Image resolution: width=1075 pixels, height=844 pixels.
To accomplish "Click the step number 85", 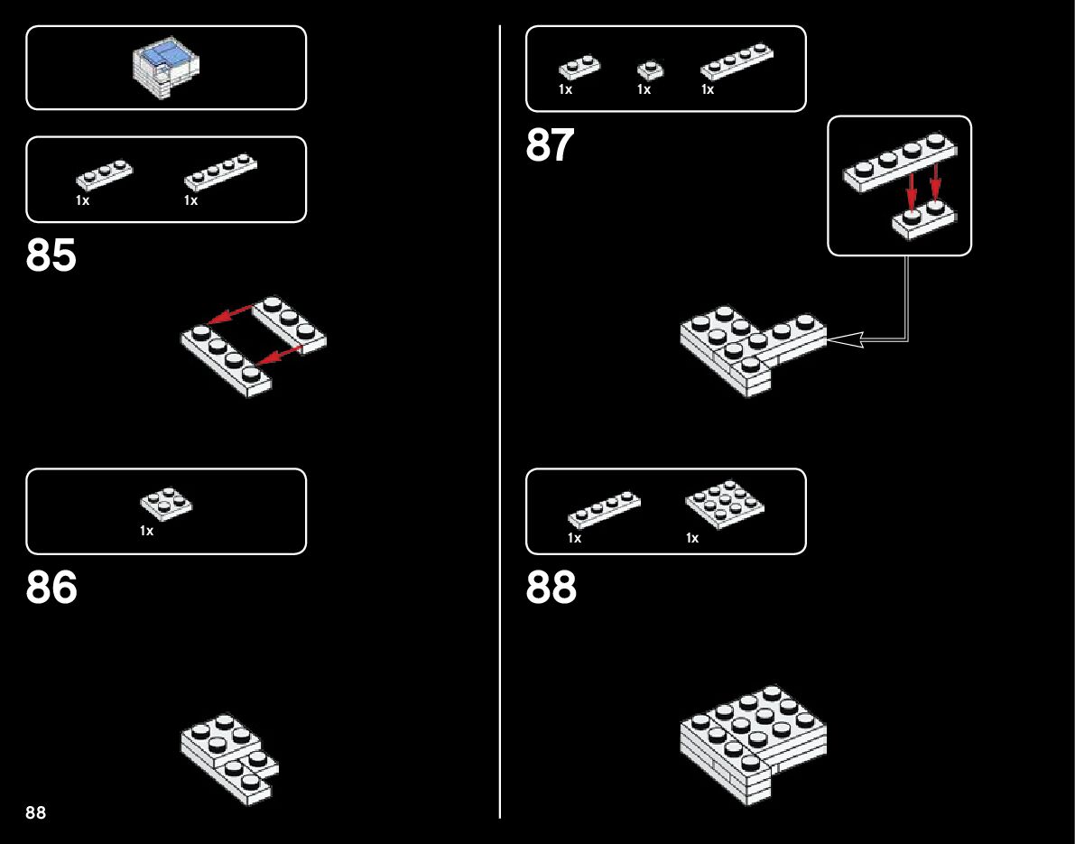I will [x=51, y=256].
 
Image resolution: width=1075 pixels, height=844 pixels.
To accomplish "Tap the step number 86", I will [x=51, y=588].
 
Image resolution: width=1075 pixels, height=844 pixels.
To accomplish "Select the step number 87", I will [x=550, y=145].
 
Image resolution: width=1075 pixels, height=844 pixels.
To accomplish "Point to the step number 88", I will [x=551, y=588].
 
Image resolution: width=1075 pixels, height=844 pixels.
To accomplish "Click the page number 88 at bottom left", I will [x=36, y=812].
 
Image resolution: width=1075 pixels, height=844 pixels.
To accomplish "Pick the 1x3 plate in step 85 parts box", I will [x=104, y=174].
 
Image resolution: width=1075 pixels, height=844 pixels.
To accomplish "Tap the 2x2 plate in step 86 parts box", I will [x=166, y=504].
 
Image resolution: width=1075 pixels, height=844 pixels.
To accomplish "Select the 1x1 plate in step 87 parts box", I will [x=649, y=70].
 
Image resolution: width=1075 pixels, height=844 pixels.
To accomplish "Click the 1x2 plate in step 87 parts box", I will [x=579, y=68].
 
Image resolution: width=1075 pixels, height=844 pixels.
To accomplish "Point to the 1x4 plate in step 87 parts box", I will [x=737, y=62].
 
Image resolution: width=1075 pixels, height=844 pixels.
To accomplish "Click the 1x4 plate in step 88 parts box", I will [x=604, y=509].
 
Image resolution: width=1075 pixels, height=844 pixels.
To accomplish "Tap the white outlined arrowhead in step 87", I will [x=845, y=339].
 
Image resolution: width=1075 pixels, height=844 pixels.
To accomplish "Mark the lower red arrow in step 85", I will [x=278, y=357].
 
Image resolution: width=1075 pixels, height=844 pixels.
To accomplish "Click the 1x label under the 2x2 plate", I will [x=147, y=532].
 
